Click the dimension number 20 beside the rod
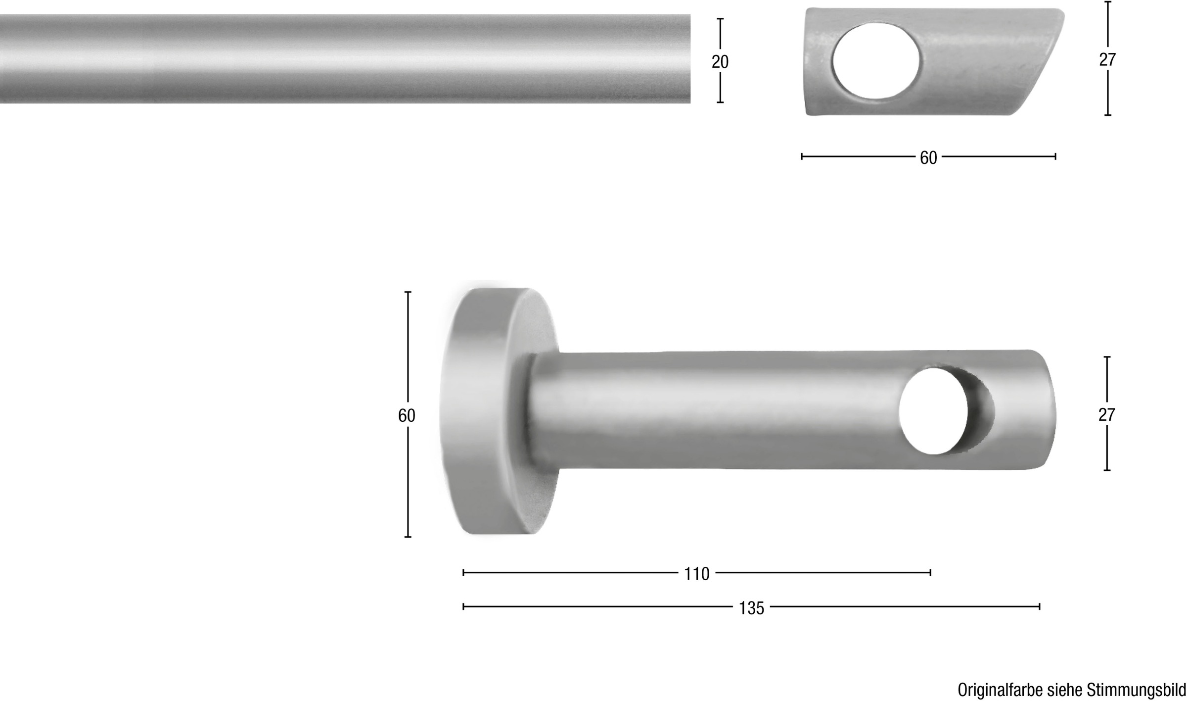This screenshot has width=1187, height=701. (x=720, y=62)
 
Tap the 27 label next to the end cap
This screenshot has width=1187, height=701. (x=1107, y=60)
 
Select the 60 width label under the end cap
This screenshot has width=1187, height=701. (x=928, y=158)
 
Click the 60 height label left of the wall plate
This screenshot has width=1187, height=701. (x=407, y=416)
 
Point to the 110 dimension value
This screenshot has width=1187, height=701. (x=696, y=574)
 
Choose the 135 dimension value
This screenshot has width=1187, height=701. (x=751, y=608)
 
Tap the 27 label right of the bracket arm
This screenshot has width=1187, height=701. (x=1106, y=415)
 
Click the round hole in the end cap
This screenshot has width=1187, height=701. (x=876, y=60)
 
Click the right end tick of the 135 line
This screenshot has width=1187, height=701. (x=1039, y=606)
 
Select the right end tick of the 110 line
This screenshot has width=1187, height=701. (x=930, y=572)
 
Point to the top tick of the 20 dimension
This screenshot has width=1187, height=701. (x=720, y=19)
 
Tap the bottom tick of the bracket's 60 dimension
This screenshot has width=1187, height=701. (x=408, y=536)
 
